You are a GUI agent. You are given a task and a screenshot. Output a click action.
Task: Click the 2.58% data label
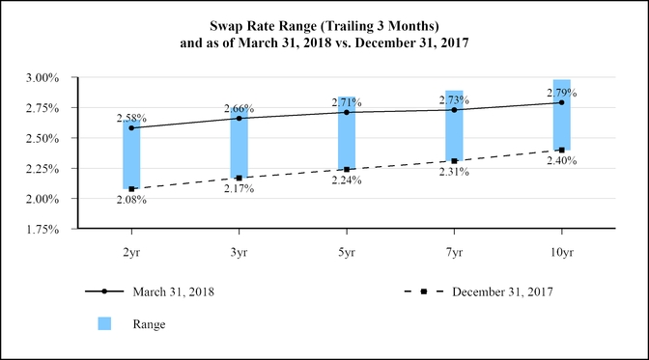[131, 118]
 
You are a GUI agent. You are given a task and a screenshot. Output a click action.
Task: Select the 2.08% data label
[131, 200]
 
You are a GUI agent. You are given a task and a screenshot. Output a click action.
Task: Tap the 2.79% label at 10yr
[561, 93]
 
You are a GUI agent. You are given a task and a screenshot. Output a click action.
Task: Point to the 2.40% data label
[561, 161]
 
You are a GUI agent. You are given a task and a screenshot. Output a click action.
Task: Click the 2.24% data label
[346, 180]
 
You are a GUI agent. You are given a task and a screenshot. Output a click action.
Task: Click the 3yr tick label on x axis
[239, 250]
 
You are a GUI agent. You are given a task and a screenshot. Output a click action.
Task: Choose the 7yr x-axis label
[454, 250]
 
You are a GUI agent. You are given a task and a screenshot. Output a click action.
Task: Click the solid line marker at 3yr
[239, 119]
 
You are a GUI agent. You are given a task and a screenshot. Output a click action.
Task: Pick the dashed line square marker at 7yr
[454, 161]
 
